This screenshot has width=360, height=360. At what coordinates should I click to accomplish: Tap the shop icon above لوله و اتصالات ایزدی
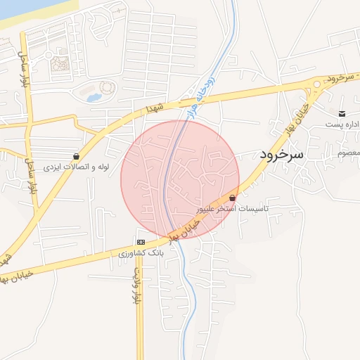pos(76,156)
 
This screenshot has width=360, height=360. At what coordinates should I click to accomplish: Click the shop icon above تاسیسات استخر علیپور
pos(232,198)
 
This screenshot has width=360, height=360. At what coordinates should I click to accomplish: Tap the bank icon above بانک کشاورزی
pos(141,242)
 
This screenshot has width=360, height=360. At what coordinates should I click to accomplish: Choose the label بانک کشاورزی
pos(141,252)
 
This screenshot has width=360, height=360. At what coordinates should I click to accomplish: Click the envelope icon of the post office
pos(342,114)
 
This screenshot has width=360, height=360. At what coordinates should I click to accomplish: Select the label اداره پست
pos(342,124)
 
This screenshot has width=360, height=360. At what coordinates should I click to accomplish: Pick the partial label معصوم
pos(349,153)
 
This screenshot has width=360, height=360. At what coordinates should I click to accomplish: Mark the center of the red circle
pos(180,179)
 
